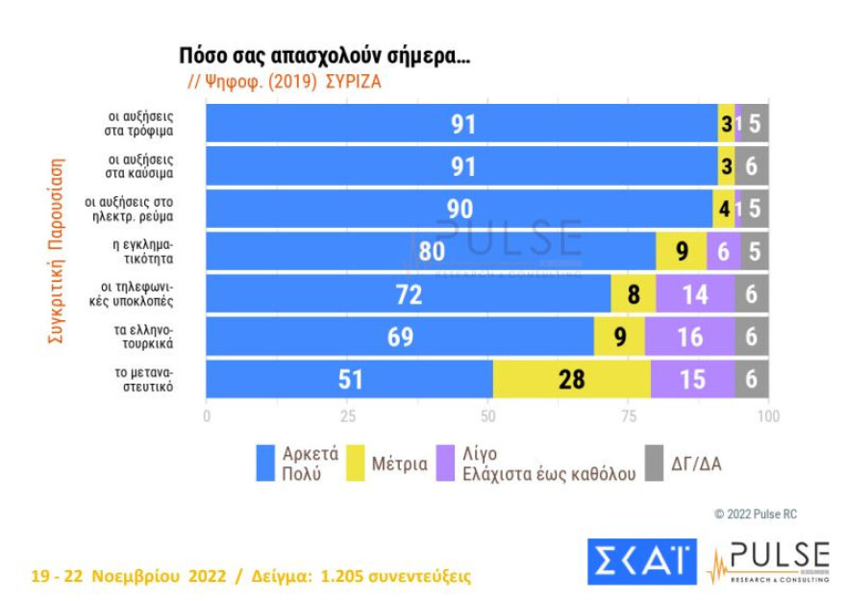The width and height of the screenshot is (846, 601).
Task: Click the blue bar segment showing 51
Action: [x=349, y=379]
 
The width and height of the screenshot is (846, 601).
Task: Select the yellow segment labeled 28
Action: [x=571, y=379]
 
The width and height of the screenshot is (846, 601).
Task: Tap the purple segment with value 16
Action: [x=689, y=337]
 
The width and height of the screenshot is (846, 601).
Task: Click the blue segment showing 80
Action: [x=431, y=252]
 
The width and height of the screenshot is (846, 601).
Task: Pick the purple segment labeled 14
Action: [x=695, y=294]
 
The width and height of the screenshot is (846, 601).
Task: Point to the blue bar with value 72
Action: [x=409, y=294]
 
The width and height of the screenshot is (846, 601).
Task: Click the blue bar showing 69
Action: [x=400, y=337]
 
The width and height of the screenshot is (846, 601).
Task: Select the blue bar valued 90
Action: [x=460, y=209]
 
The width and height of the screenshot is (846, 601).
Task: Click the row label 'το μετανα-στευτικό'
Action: [x=149, y=379]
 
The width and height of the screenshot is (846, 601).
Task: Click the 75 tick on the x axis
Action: [x=628, y=416]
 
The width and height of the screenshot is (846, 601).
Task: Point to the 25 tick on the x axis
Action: [x=347, y=416]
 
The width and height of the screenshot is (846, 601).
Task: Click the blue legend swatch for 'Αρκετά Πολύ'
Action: [x=266, y=463]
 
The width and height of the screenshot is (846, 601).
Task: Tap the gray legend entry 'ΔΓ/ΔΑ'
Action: [x=683, y=463]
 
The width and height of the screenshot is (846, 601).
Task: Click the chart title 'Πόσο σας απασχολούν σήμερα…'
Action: [x=325, y=56]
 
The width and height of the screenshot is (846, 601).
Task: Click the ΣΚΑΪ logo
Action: [x=641, y=561]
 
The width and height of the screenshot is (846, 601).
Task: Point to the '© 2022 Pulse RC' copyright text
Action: [x=755, y=514]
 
